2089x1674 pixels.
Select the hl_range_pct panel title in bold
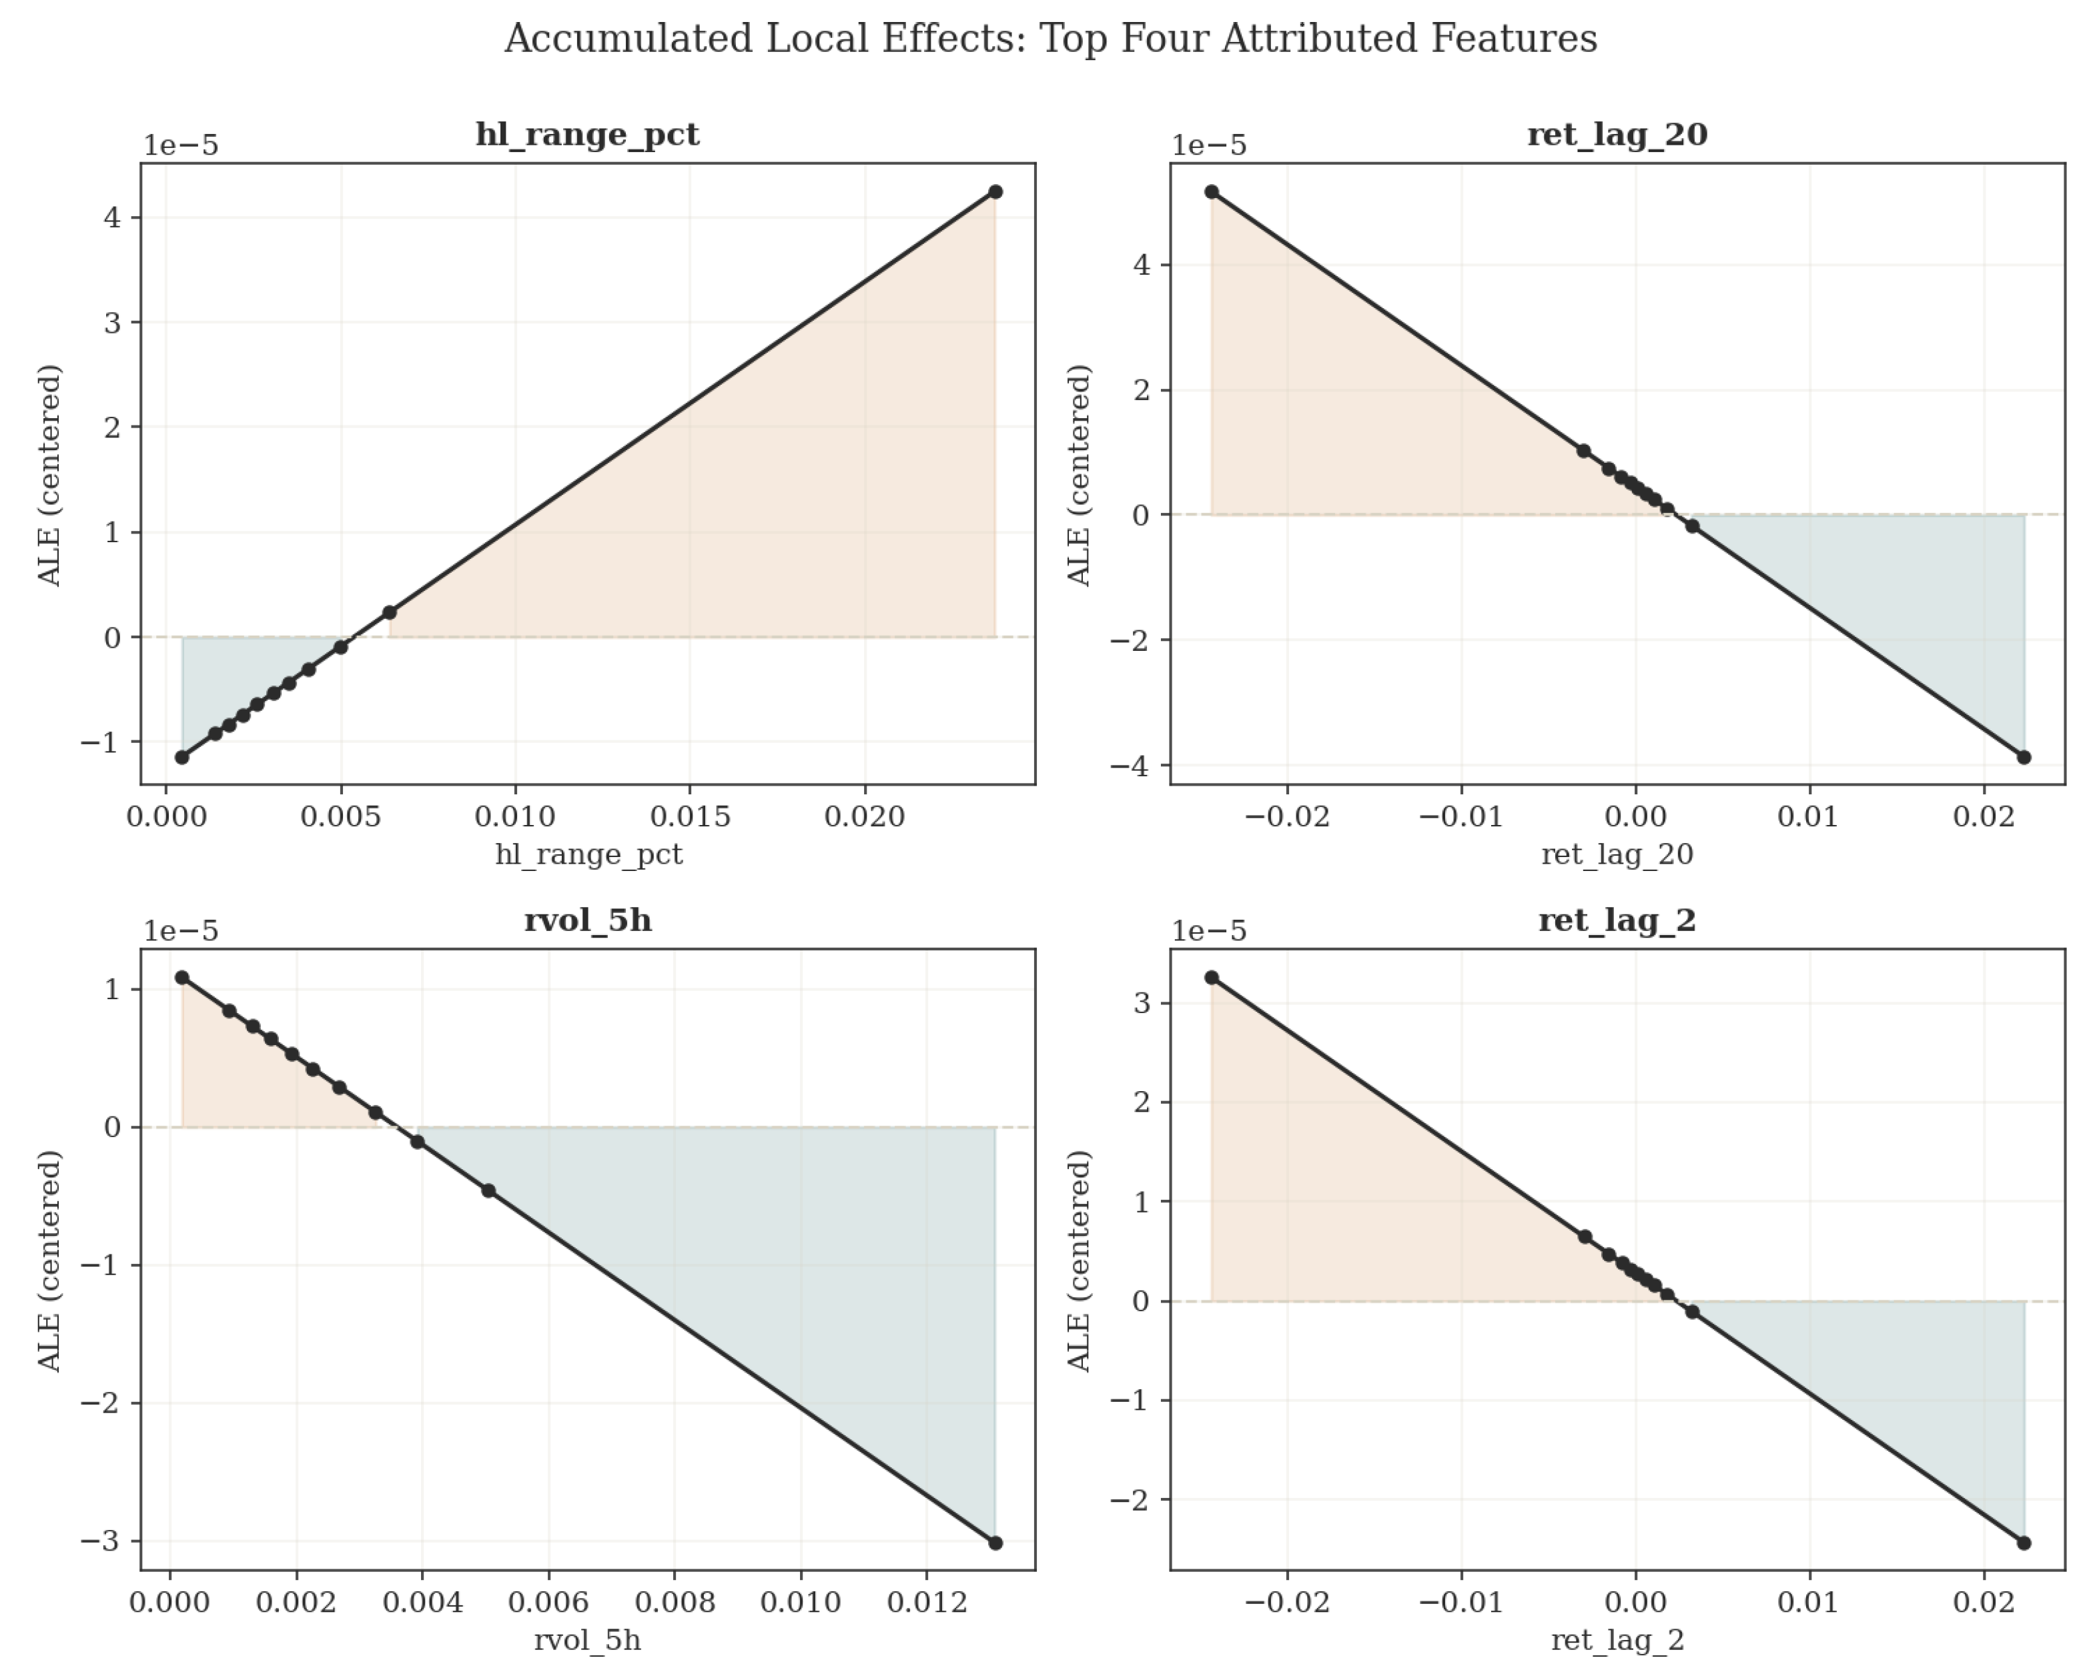pyautogui.click(x=587, y=135)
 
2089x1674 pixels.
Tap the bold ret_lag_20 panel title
pyautogui.click(x=1617, y=135)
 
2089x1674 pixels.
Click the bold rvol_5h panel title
pyautogui.click(x=587, y=920)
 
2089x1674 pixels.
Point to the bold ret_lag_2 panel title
pyautogui.click(x=1617, y=920)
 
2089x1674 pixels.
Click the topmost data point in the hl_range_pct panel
pyautogui.click(x=995, y=192)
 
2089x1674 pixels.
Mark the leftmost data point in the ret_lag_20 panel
pyautogui.click(x=1211, y=192)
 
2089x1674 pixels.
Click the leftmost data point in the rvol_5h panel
pyautogui.click(x=182, y=978)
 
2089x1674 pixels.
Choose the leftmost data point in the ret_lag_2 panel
pyautogui.click(x=1211, y=978)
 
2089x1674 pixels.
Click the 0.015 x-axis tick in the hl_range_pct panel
pyautogui.click(x=690, y=816)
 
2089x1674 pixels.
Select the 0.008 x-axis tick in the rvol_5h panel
pyautogui.click(x=675, y=1603)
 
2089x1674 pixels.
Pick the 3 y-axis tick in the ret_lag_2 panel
pyautogui.click(x=1144, y=1002)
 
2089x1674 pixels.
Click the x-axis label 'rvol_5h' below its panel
pyautogui.click(x=587, y=1640)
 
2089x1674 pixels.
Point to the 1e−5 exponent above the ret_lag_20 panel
pyautogui.click(x=1210, y=145)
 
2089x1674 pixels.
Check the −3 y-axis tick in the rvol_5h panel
pyautogui.click(x=101, y=1541)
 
